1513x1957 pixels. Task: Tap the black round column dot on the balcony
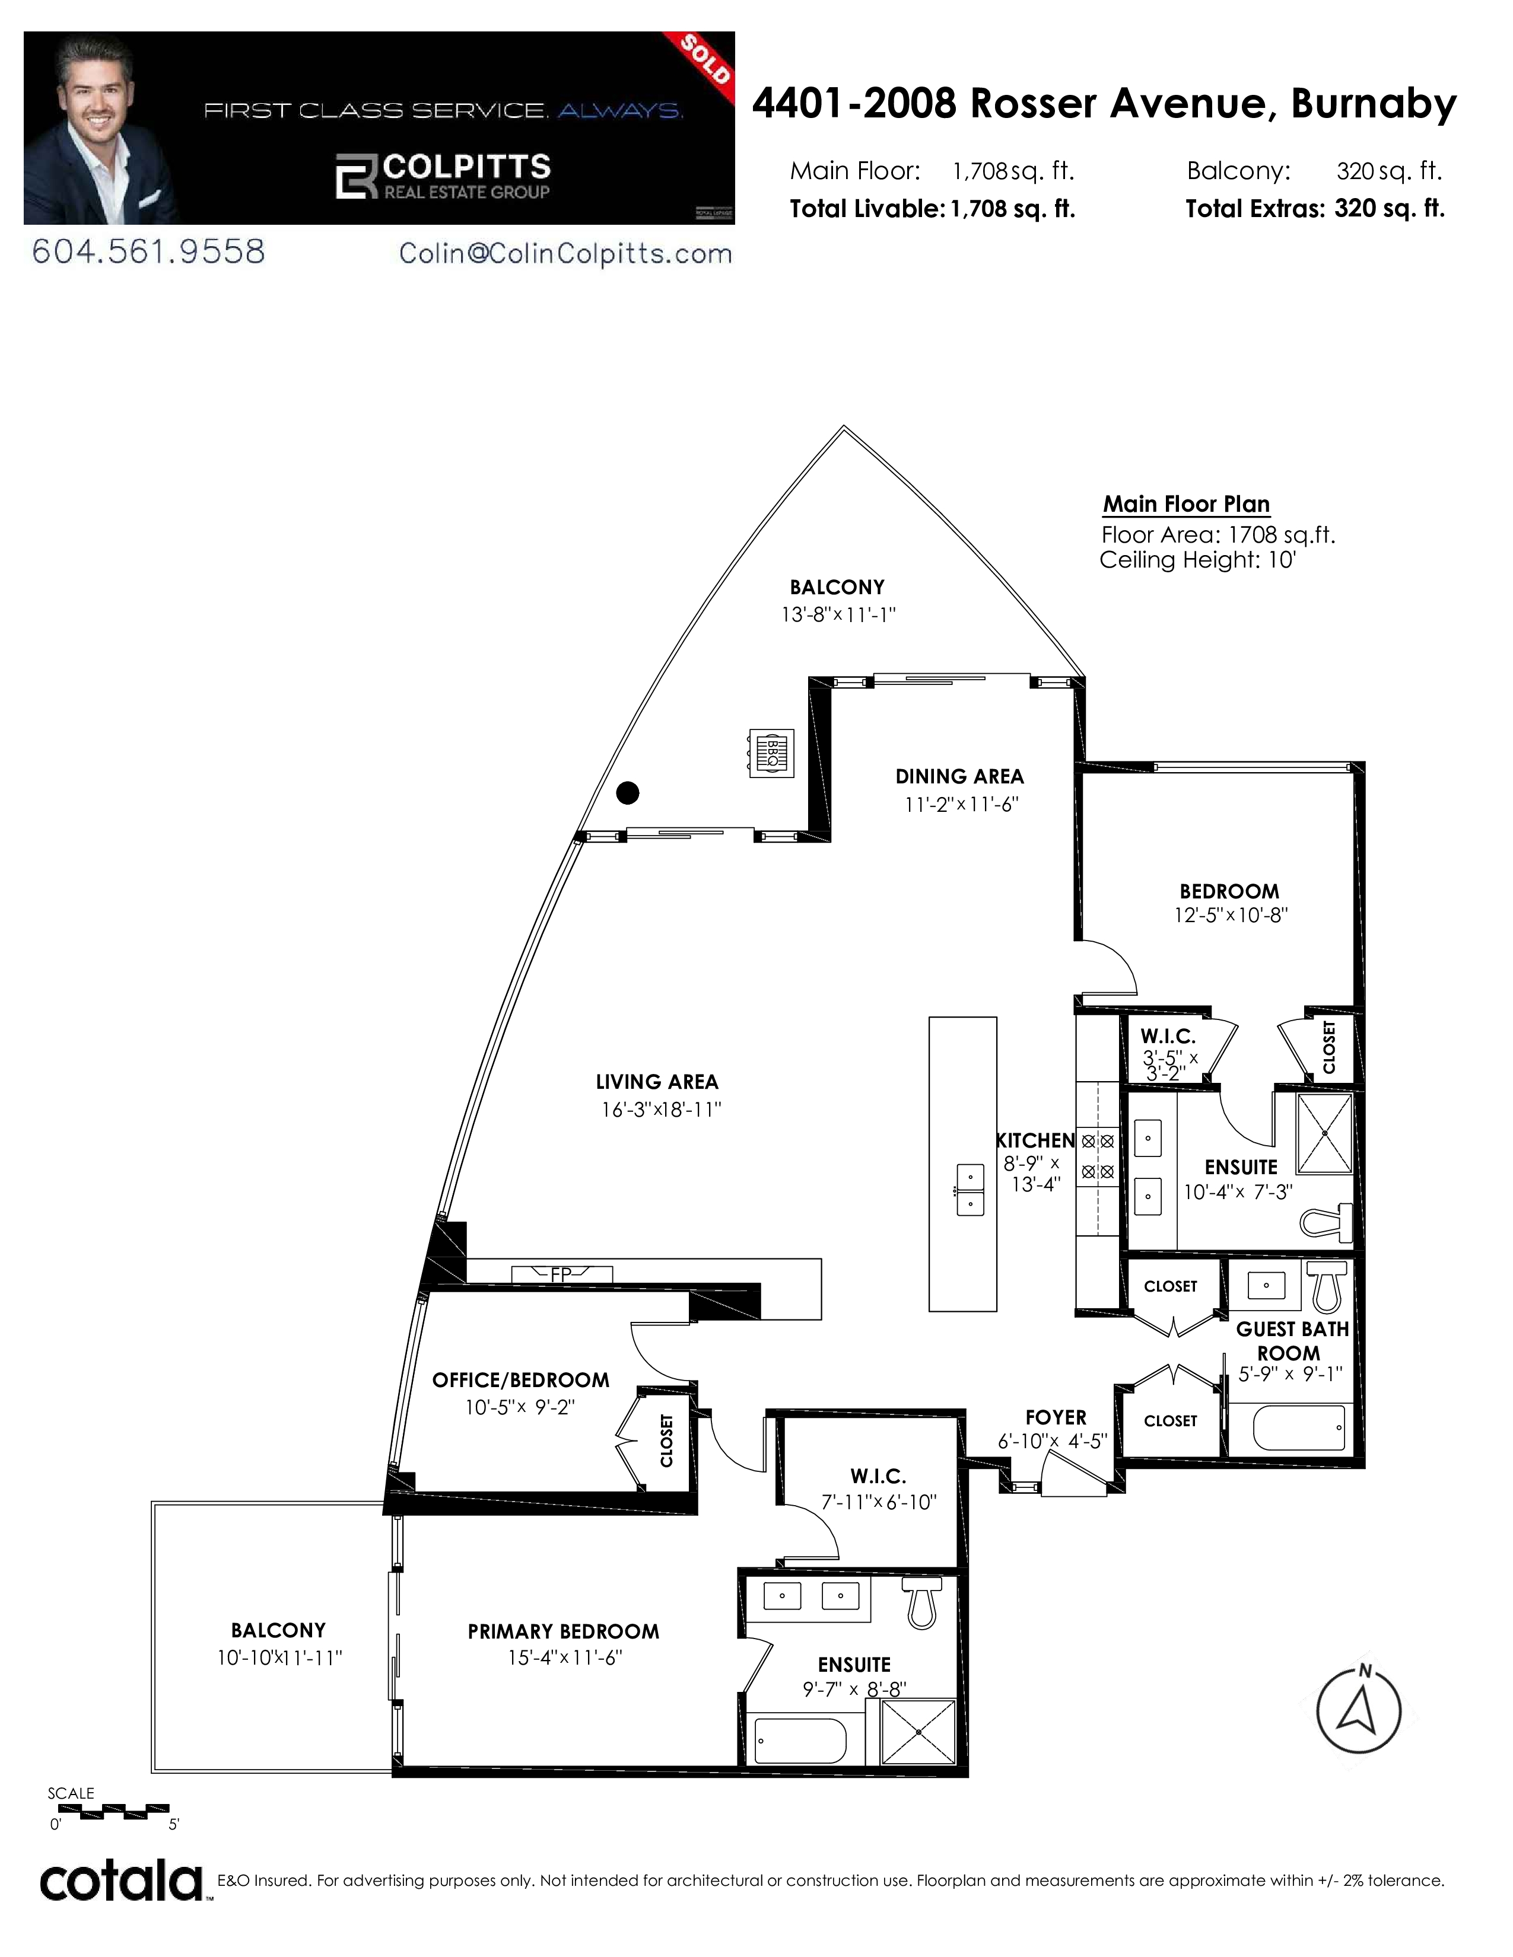click(628, 793)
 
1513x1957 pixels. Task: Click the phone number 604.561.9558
click(149, 252)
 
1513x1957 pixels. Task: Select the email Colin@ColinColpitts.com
click(565, 254)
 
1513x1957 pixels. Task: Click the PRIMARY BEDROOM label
click(563, 1631)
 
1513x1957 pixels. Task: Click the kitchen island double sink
click(970, 1189)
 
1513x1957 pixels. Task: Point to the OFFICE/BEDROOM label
click(521, 1380)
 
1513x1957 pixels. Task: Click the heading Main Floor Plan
click(1186, 505)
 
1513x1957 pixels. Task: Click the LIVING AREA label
click(657, 1082)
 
